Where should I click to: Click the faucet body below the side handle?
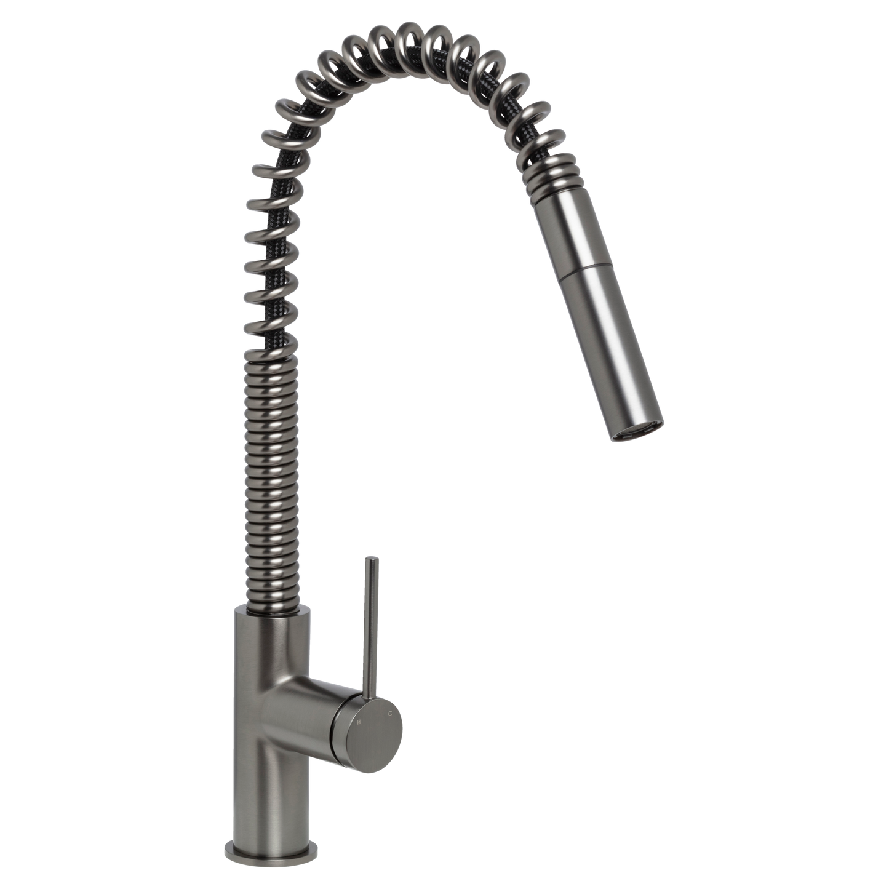tap(271, 781)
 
